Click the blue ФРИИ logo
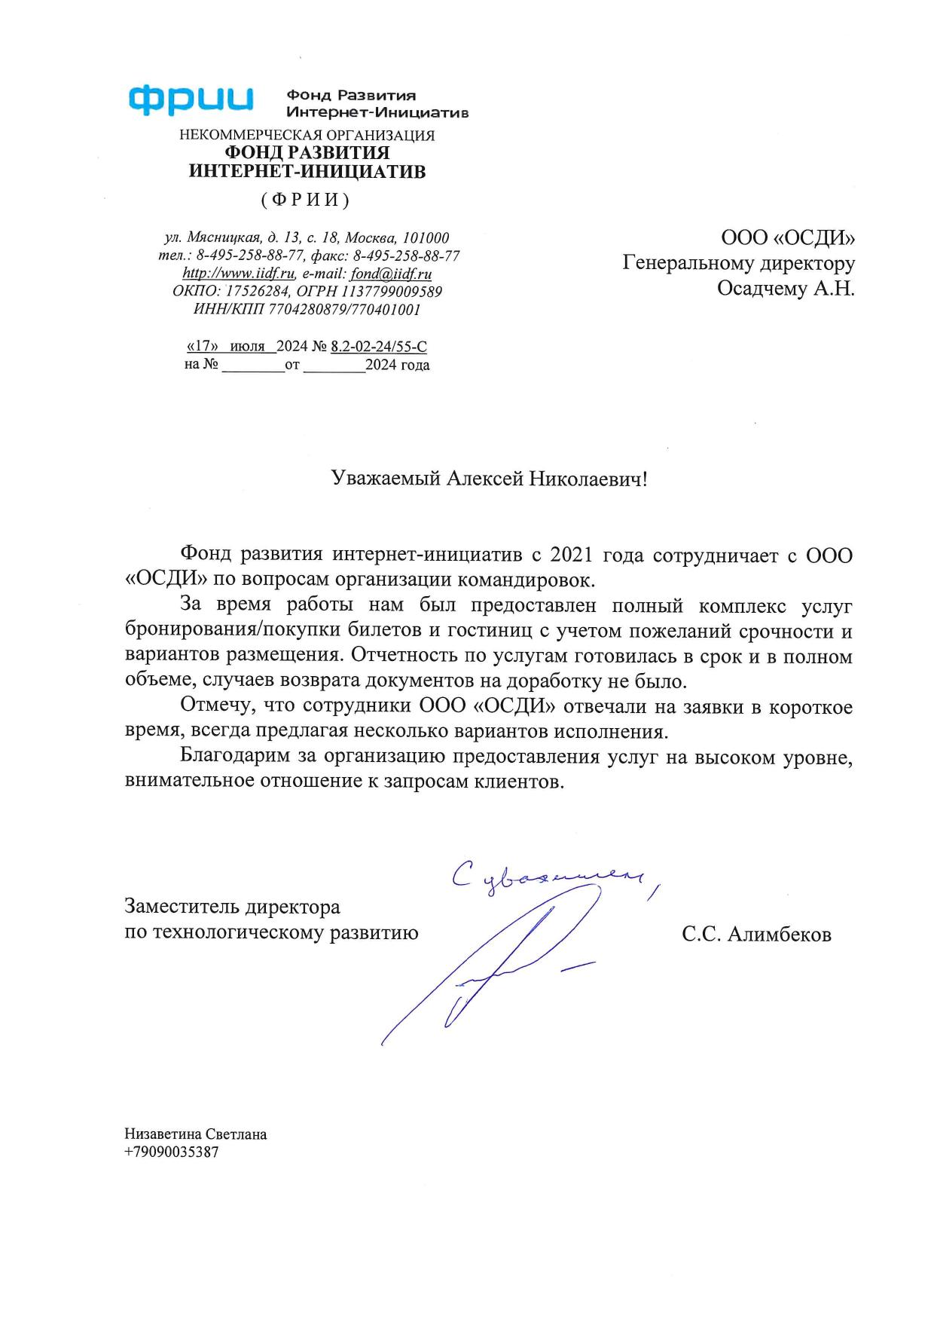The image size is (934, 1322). point(191,100)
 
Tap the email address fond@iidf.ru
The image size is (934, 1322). point(391,274)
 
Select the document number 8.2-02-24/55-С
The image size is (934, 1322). point(379,347)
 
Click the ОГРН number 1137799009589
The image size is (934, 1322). point(392,292)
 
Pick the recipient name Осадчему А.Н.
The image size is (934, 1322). point(786,289)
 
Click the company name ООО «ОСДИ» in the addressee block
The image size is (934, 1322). point(788,238)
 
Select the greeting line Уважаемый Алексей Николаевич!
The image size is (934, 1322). point(490,479)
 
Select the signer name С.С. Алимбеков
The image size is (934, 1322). point(756,935)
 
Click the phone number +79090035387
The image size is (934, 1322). point(172,1152)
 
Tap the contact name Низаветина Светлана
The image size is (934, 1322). point(196,1134)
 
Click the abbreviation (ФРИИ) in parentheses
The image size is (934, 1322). point(306,200)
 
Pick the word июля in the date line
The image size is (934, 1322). point(248,347)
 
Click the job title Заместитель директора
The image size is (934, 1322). point(232,906)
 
